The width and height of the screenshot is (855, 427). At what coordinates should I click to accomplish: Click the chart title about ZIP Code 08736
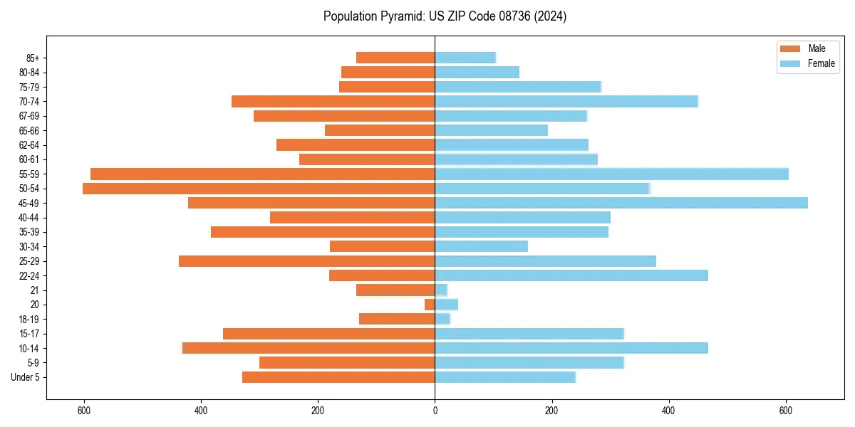tap(445, 16)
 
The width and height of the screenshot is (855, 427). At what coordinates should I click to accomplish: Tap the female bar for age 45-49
tap(621, 203)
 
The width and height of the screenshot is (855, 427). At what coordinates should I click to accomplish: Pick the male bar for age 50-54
tap(259, 189)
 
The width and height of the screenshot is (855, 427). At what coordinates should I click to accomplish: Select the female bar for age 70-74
tap(566, 101)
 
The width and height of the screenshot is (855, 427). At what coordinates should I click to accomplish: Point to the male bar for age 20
tap(430, 305)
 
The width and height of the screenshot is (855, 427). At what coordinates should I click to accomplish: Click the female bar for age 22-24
tap(571, 275)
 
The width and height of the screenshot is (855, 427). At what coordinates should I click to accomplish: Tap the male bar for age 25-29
tap(306, 261)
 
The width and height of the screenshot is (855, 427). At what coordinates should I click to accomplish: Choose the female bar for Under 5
tap(505, 377)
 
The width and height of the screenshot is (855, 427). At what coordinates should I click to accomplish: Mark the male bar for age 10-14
tap(309, 348)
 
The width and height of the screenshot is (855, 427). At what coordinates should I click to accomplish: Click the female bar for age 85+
tap(465, 58)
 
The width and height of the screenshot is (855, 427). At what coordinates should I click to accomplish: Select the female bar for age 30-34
tap(481, 246)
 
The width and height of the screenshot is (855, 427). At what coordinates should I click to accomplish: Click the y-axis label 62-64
tap(29, 145)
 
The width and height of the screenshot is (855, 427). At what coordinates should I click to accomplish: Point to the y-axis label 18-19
tap(29, 320)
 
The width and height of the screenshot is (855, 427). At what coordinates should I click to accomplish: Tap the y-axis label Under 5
tap(26, 377)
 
